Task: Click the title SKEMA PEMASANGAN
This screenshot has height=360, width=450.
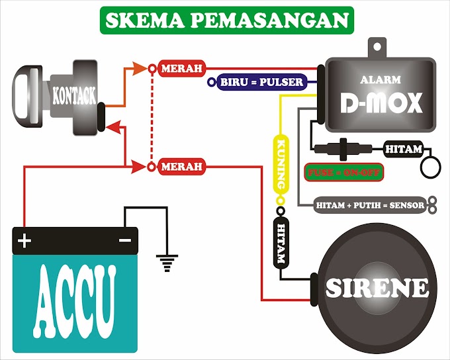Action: pyautogui.click(x=225, y=21)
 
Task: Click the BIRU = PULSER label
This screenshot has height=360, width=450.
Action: pyautogui.click(x=260, y=82)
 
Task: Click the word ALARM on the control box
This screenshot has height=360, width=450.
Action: pyautogui.click(x=380, y=79)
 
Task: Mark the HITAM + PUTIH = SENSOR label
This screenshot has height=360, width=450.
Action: pyautogui.click(x=369, y=206)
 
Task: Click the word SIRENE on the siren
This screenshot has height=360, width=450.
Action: pyautogui.click(x=377, y=287)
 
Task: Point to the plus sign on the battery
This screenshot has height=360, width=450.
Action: pyautogui.click(x=24, y=241)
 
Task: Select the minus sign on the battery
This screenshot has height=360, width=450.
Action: pyautogui.click(x=124, y=240)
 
